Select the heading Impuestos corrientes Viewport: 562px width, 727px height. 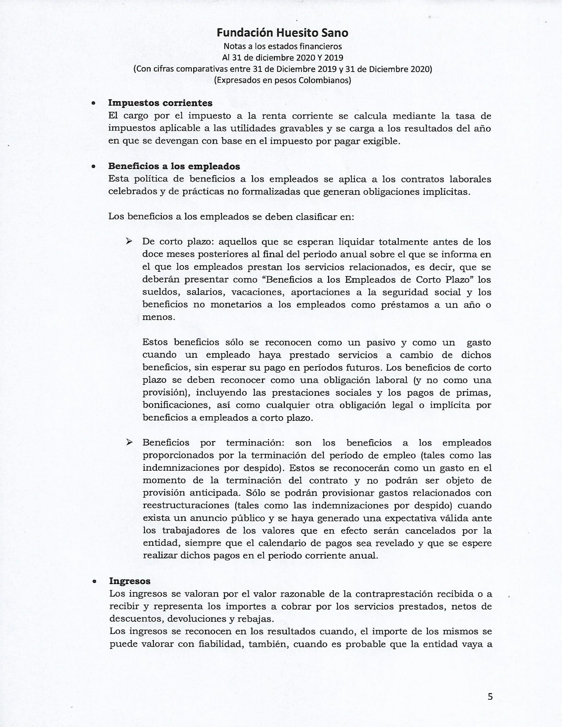click(x=160, y=103)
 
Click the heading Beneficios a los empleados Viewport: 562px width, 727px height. click(x=174, y=166)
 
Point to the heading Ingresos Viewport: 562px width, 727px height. click(x=130, y=581)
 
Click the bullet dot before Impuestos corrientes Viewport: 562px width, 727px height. click(x=94, y=104)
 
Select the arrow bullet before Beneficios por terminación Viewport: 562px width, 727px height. click(x=129, y=442)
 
